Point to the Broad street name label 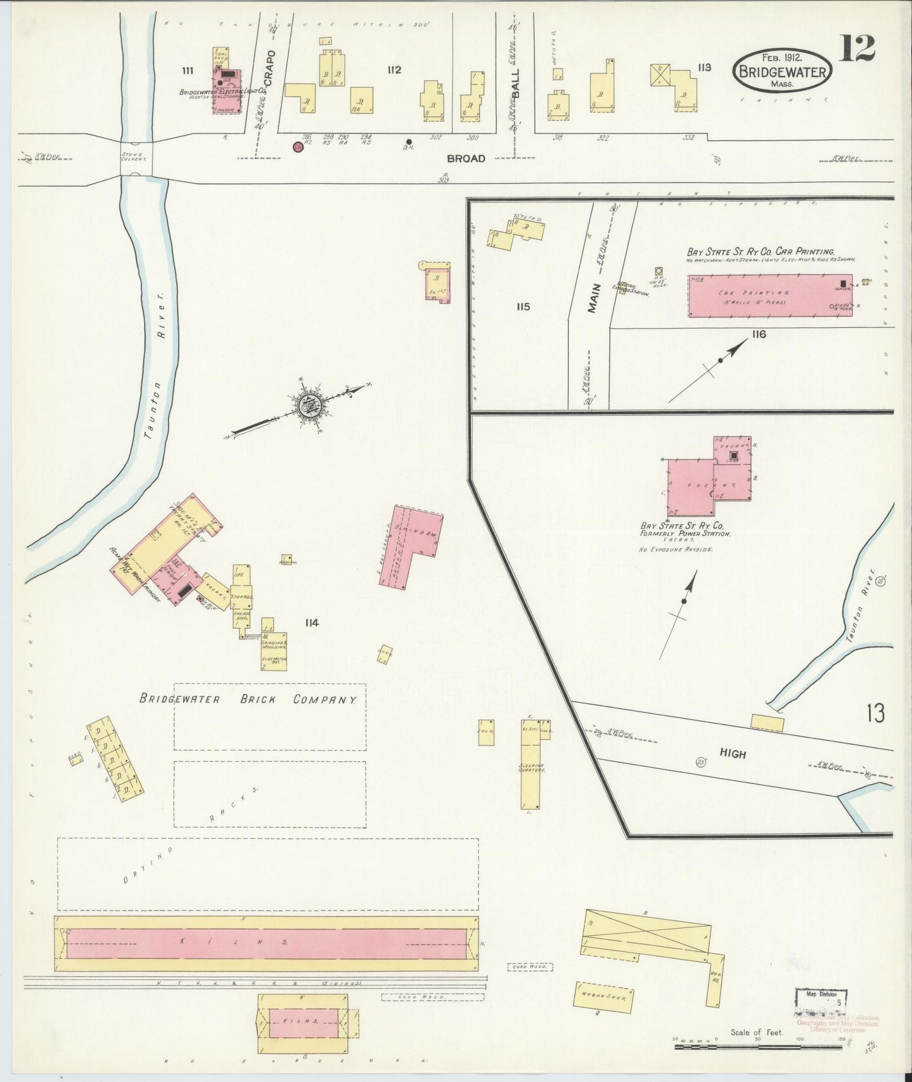468,158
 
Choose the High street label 733,754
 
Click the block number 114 311,623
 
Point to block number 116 758,334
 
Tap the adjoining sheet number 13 875,713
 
